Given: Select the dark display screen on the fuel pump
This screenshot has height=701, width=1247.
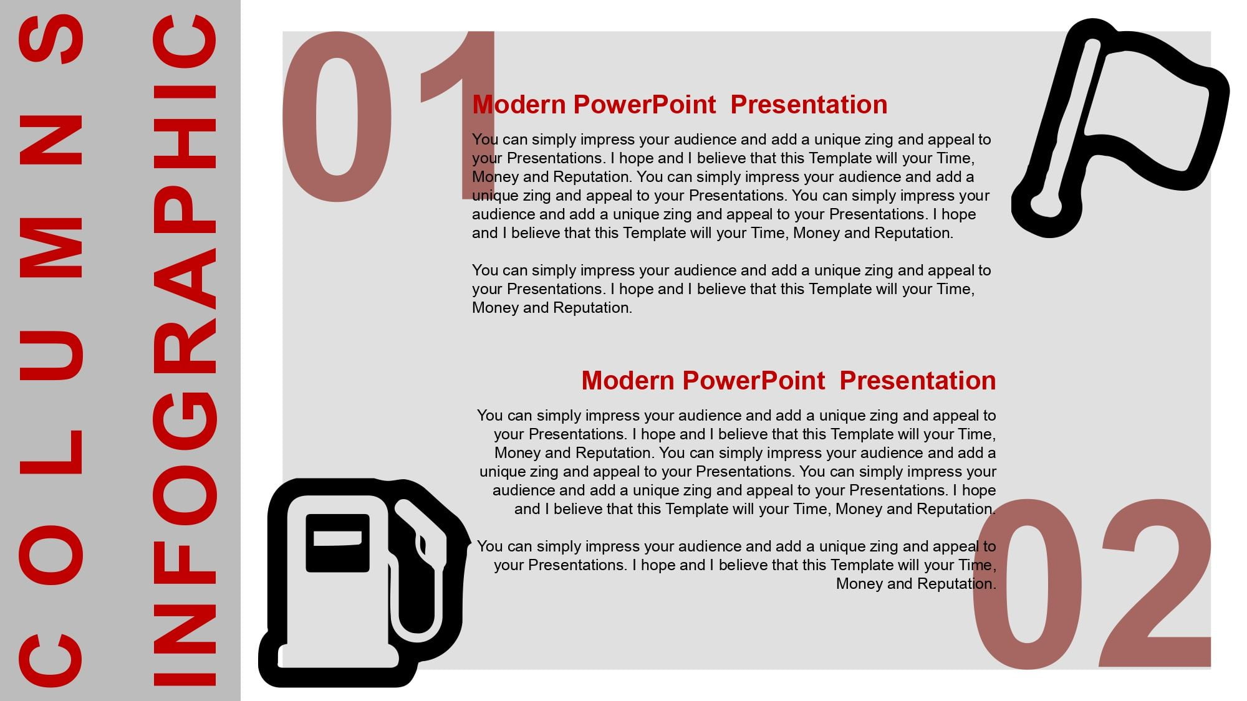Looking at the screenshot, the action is point(337,543).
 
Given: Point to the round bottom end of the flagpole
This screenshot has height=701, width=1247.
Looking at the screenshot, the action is point(1046,206).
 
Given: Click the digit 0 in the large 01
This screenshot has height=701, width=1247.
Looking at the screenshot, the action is point(337,117).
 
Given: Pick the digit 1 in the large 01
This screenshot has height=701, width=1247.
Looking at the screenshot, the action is point(458,115).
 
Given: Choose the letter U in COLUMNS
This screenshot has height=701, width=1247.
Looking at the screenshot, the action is point(51,355).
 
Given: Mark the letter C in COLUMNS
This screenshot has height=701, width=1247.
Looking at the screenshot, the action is point(51,660).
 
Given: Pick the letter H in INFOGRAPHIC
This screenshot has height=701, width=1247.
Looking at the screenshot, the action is point(185,143).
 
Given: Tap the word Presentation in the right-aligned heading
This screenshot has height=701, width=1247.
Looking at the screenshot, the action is point(918,381).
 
